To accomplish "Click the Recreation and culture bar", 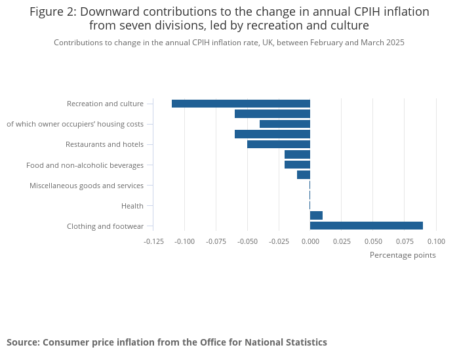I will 241,104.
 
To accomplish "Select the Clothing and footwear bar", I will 366,226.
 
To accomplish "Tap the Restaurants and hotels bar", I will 278,144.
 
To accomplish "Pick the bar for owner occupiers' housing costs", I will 285,124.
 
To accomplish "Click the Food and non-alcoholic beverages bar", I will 297,165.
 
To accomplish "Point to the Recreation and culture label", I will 105,104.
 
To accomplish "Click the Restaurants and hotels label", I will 104,144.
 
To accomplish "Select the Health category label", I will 132,206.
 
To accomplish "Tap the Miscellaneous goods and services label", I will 87,186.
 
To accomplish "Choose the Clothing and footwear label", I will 105,226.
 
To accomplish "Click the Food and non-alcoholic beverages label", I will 85,165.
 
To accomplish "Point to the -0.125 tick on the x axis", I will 153,241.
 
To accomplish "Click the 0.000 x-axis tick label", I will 310,241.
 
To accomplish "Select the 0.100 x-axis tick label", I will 435,241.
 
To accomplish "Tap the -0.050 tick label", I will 247,241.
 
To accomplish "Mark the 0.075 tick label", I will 404,241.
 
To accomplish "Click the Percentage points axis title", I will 403,255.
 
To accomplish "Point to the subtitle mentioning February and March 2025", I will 229,43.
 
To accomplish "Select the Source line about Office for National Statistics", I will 167,342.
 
